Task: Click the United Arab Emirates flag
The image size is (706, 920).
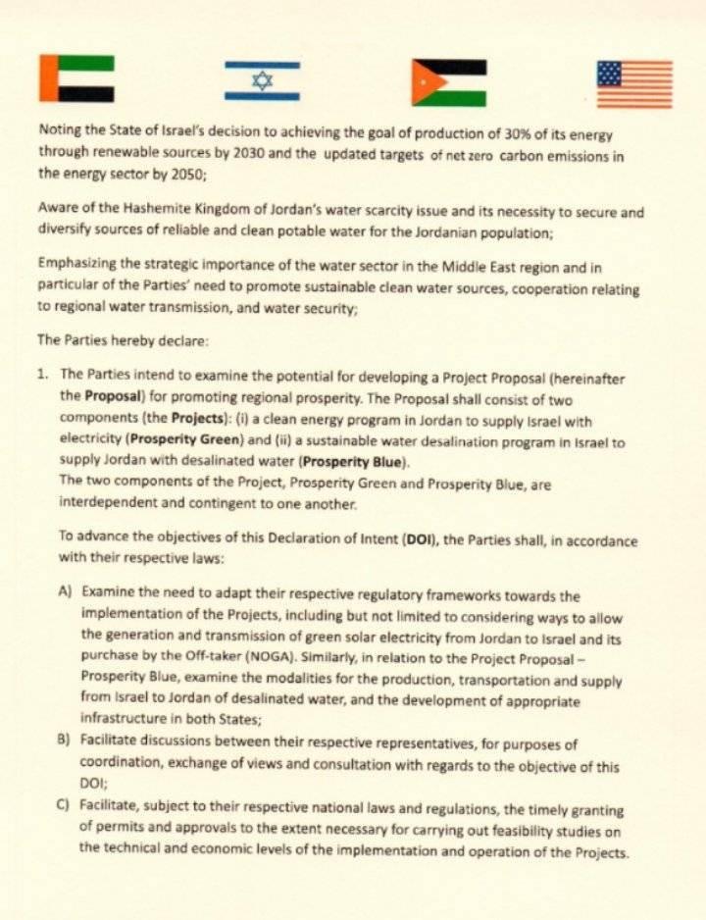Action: click(76, 78)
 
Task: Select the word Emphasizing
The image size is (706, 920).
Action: click(78, 262)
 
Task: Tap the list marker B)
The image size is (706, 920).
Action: click(66, 742)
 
